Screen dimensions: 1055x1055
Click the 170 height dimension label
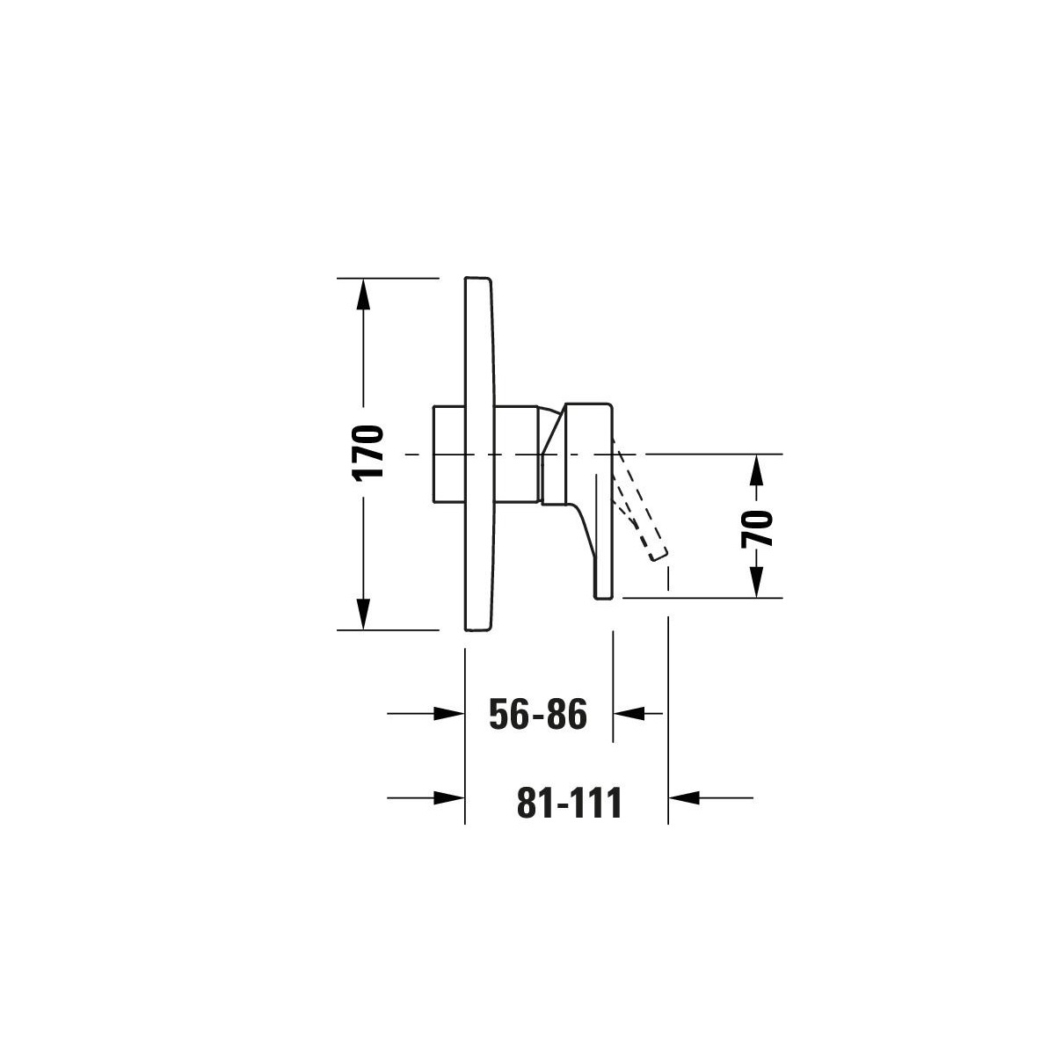[x=368, y=454]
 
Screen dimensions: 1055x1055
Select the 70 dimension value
[x=757, y=528]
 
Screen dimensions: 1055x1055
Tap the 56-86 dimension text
[x=538, y=714]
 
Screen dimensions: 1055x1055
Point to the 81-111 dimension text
[x=570, y=803]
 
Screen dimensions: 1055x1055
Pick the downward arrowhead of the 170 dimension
[x=362, y=614]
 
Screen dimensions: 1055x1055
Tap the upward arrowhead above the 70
[x=755, y=469]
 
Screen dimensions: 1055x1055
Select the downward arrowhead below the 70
[x=755, y=582]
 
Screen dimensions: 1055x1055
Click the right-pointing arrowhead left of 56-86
[x=449, y=713]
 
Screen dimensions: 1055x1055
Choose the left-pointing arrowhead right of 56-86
[x=629, y=713]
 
